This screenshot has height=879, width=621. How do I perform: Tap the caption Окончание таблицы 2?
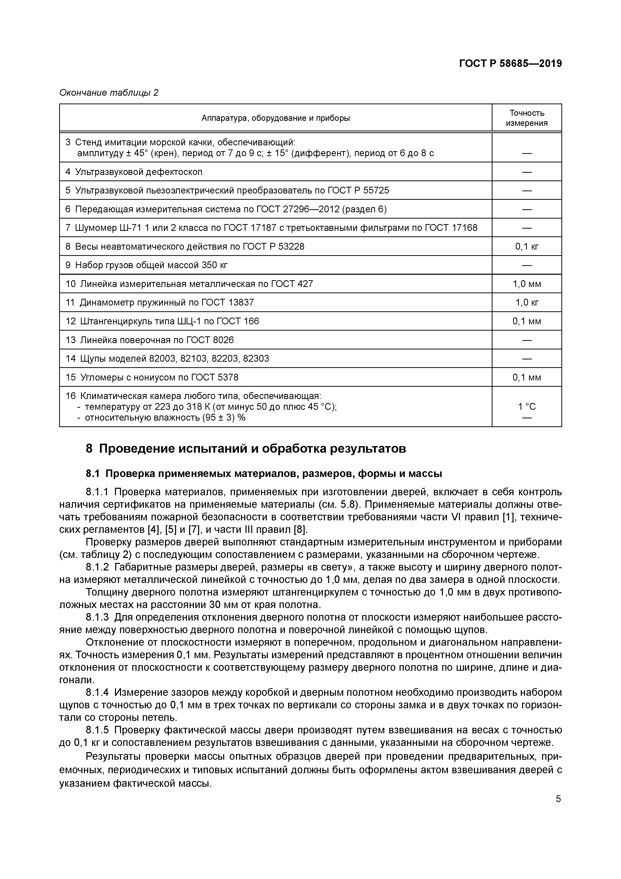[109, 93]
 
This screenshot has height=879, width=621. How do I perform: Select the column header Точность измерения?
[527, 118]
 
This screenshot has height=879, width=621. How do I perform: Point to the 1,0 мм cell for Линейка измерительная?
[527, 284]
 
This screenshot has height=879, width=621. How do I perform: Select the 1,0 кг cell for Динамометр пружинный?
[527, 303]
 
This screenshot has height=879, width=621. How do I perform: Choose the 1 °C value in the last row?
[527, 407]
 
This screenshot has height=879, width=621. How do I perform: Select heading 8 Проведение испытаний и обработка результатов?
[246, 448]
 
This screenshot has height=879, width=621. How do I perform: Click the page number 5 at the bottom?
[558, 799]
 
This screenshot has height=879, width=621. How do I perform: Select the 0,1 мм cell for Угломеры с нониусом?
[527, 377]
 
